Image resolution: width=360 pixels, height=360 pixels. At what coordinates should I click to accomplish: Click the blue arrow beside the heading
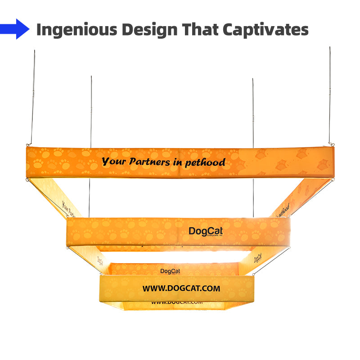point(16,29)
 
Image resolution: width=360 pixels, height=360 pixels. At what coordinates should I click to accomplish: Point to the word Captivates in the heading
point(265,30)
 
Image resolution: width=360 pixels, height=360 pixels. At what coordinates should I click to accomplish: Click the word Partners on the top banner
point(149,162)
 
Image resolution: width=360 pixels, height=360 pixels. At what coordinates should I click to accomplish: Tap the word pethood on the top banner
point(205,162)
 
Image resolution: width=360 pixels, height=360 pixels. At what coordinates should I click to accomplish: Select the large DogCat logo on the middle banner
point(206,231)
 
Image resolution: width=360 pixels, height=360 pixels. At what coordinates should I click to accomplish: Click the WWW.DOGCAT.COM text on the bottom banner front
point(181,288)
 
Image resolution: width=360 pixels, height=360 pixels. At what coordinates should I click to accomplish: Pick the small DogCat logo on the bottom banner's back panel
point(170,271)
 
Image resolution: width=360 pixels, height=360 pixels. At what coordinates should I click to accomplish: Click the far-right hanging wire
point(329,94)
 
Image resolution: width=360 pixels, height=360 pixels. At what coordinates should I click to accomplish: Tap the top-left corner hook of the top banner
point(28,145)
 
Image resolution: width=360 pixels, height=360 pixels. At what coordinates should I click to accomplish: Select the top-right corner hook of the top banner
point(331,144)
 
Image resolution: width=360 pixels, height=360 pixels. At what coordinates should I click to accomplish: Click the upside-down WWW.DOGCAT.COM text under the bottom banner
point(177,302)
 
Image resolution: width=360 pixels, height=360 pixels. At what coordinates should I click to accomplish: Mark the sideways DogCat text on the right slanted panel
point(257,258)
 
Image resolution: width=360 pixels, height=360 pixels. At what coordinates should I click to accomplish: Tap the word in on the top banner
point(178,162)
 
